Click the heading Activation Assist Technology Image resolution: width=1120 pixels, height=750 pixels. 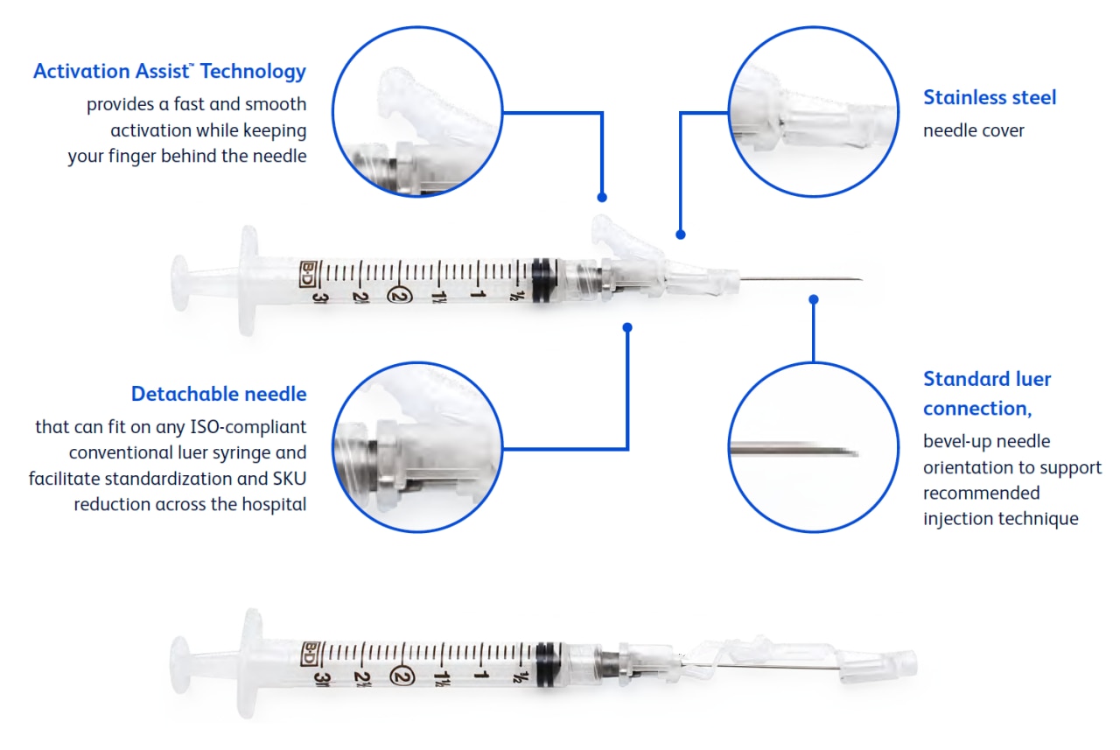(170, 71)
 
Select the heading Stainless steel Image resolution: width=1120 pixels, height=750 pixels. (990, 97)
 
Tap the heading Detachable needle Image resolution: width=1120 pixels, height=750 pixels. (219, 394)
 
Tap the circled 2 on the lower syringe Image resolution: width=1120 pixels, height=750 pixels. (403, 675)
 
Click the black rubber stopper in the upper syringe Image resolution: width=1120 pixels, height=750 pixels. (543, 281)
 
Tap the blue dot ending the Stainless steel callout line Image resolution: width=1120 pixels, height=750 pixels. (681, 235)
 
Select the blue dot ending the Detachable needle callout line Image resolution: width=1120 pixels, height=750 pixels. (627, 327)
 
